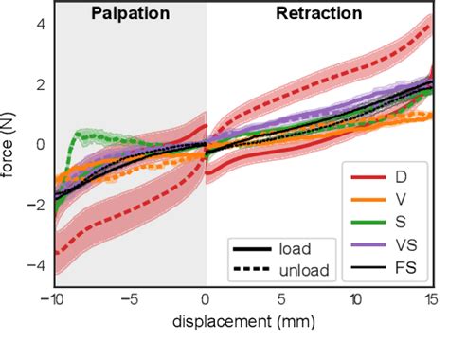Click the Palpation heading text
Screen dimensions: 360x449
tap(130, 15)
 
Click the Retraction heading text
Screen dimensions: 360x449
tap(318, 15)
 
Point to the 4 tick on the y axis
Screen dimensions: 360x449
tap(39, 24)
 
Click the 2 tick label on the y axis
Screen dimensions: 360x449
tap(39, 84)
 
